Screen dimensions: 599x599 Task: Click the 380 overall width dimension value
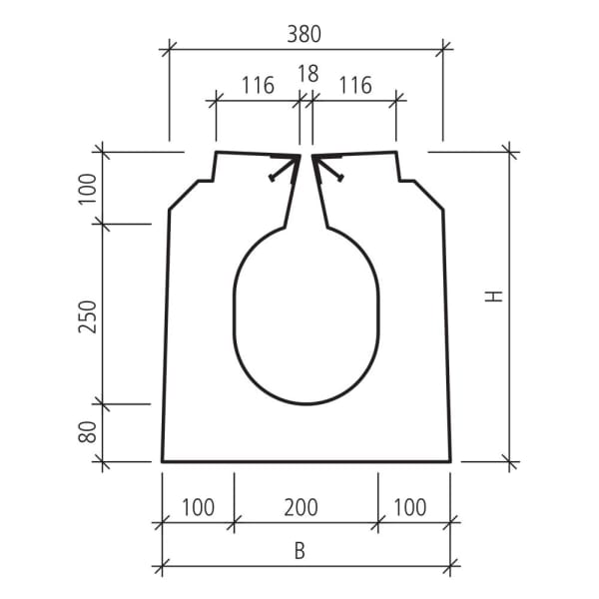pos(304,34)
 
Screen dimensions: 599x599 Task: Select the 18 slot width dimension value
pos(307,74)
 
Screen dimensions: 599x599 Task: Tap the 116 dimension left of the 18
pos(258,86)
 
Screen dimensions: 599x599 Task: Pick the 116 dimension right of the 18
pos(354,86)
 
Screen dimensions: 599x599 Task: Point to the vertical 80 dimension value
pos(89,433)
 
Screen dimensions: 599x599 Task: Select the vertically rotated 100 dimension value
pos(89,187)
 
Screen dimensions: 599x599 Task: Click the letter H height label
pos(496,297)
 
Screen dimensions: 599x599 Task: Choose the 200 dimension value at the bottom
pos(300,507)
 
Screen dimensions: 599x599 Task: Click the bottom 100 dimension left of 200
pos(198,507)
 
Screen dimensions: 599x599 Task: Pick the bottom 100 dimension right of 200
pos(409,507)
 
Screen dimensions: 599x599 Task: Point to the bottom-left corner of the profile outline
pos(163,461)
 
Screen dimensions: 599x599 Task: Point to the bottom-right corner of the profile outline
pos(450,461)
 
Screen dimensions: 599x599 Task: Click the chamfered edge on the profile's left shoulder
pos(182,196)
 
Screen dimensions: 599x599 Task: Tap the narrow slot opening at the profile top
pos(305,160)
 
